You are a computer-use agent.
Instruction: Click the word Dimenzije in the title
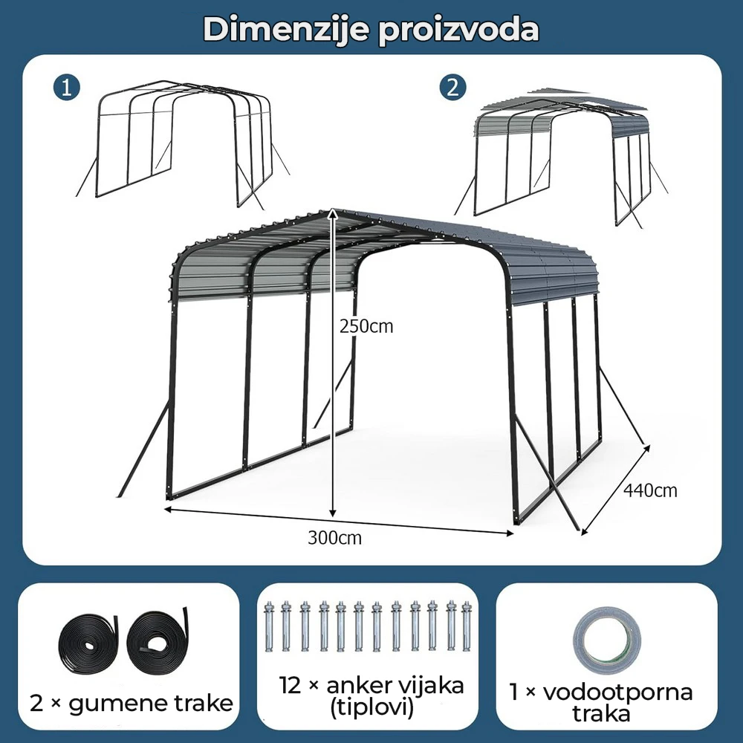286,30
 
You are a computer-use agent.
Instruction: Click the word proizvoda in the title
458,30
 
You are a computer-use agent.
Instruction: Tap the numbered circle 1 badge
67,88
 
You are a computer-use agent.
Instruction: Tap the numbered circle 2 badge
452,88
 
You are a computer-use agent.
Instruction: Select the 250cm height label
366,326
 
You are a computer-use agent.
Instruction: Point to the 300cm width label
334,538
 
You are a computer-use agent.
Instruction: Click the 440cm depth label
650,490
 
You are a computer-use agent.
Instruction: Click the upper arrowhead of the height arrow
333,212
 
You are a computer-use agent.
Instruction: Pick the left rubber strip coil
88,642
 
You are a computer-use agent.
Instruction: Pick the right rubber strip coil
157,640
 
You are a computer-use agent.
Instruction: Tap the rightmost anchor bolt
467,626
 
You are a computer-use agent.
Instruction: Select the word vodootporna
618,692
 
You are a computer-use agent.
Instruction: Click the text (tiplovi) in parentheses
371,708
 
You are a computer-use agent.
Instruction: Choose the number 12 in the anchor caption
290,685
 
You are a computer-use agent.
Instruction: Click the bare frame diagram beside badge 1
183,145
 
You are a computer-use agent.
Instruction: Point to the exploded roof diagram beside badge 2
561,156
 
